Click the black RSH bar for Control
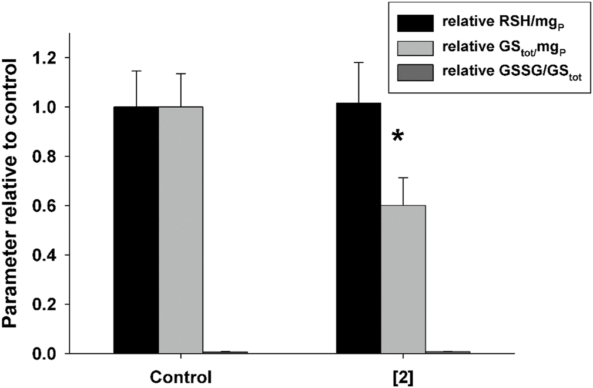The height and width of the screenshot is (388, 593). (136, 229)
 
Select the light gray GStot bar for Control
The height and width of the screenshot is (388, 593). (180, 229)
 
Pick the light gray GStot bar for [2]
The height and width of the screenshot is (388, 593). (403, 279)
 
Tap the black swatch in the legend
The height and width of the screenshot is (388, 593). (416, 23)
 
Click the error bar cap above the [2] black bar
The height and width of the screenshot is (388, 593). (359, 62)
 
